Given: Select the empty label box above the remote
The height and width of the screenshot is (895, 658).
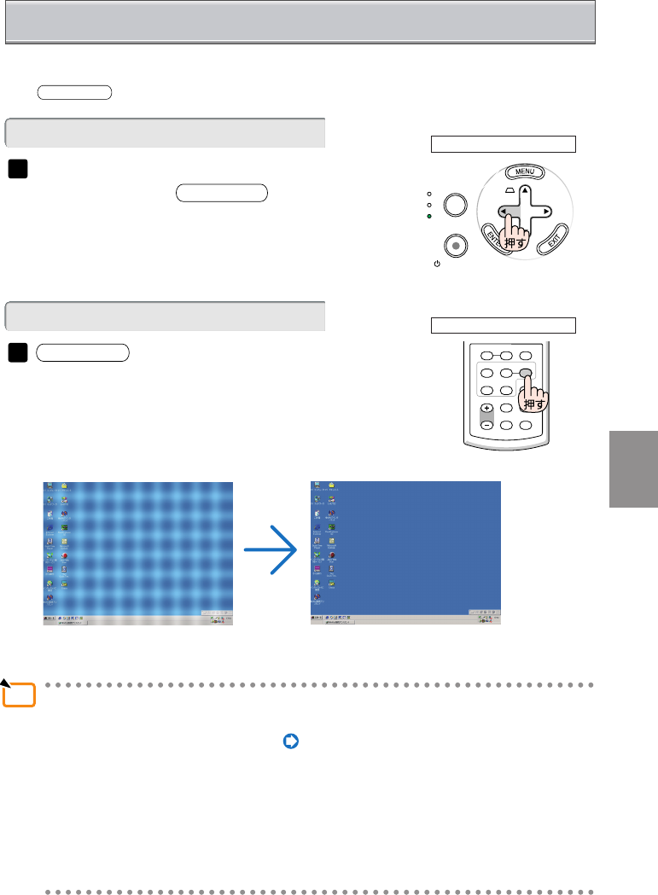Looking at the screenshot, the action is (x=503, y=325).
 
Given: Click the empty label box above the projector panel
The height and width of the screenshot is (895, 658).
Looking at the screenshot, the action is (x=503, y=143).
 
